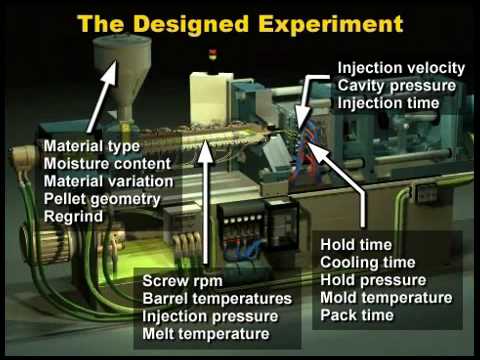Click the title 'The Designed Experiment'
(x=240, y=22)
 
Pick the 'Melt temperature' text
(x=207, y=333)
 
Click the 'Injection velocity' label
(x=401, y=68)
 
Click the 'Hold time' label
(x=356, y=244)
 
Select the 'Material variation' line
(x=107, y=181)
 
